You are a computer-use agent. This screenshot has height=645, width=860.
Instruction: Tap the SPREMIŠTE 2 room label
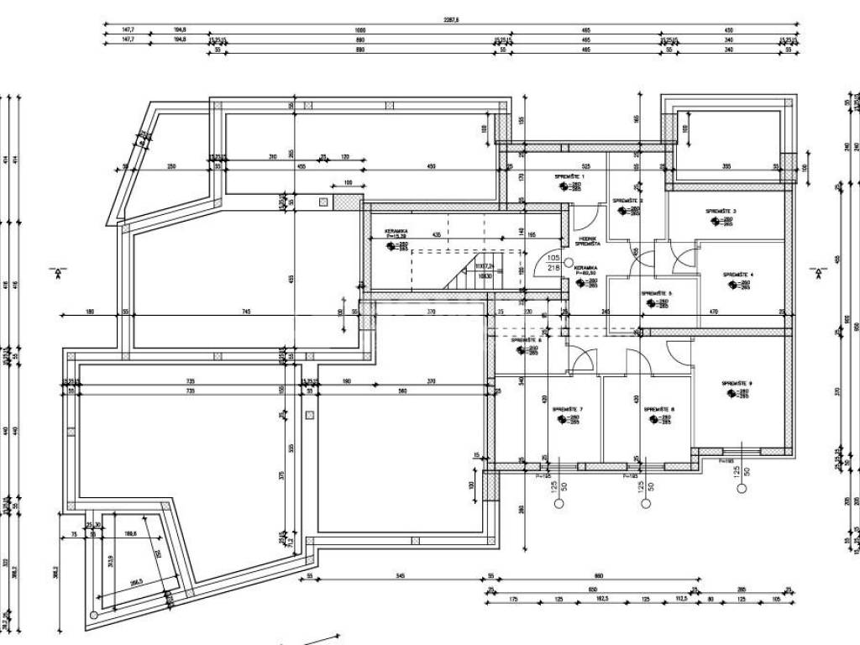(627, 201)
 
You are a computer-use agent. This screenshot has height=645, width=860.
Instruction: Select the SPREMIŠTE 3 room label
(721, 211)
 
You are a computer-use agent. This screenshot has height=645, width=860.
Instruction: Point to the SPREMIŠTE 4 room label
(737, 275)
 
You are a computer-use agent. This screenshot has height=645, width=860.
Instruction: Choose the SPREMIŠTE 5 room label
(657, 293)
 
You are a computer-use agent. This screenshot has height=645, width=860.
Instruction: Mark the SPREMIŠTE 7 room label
(568, 409)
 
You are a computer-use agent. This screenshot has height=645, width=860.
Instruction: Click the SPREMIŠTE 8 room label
(659, 409)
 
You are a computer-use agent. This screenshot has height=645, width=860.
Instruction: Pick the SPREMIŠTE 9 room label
(737, 384)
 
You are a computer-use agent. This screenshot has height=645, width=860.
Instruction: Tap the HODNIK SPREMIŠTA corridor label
(587, 240)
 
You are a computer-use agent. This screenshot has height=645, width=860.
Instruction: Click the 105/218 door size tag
(553, 263)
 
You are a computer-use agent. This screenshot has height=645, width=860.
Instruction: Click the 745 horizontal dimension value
(246, 312)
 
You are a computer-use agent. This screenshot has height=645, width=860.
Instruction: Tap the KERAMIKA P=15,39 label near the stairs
(396, 233)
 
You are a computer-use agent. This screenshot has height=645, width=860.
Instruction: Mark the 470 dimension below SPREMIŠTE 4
(714, 312)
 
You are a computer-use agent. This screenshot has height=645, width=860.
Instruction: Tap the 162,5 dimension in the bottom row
(600, 600)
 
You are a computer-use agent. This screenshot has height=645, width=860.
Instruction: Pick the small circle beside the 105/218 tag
(569, 262)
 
